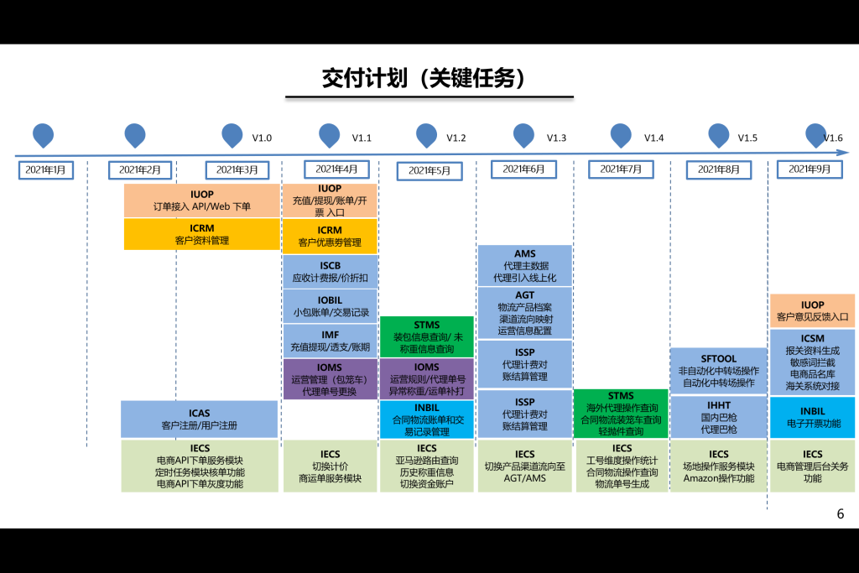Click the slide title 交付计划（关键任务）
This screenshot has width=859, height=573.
click(x=429, y=78)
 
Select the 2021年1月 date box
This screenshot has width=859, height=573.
click(x=46, y=169)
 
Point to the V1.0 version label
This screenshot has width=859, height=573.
click(x=262, y=138)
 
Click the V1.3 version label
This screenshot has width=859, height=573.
click(x=556, y=138)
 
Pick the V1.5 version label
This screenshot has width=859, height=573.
click(x=747, y=138)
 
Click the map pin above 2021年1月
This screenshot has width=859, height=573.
click(x=43, y=134)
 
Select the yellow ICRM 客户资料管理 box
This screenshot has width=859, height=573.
click(x=201, y=234)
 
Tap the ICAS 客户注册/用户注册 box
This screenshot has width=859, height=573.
click(x=199, y=419)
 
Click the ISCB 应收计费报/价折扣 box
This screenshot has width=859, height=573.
click(x=330, y=271)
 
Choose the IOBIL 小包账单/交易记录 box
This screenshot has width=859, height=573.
click(x=330, y=306)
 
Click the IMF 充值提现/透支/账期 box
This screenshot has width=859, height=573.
click(x=330, y=341)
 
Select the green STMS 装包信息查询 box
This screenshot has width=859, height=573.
click(x=426, y=336)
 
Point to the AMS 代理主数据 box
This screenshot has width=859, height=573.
click(x=524, y=265)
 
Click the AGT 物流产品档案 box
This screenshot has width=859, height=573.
click(x=524, y=313)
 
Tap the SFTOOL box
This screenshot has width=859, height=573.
click(x=718, y=370)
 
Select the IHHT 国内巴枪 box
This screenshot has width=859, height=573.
click(x=718, y=417)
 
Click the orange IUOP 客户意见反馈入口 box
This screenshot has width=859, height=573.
click(x=812, y=310)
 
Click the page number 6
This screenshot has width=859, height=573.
click(x=840, y=514)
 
